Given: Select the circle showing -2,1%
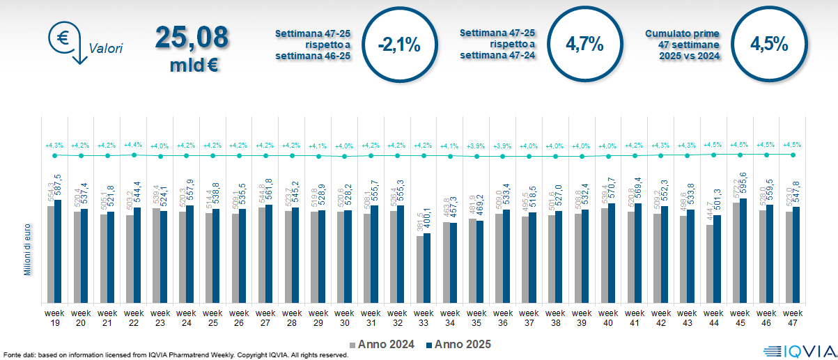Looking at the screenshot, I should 398,45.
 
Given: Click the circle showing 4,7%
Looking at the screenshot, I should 584,45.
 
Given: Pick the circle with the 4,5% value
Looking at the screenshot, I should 768,45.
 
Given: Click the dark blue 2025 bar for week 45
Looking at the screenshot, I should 743,251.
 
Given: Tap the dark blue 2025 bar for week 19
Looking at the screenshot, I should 58,251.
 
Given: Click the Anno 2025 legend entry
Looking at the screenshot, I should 458,344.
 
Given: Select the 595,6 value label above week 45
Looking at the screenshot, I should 744,185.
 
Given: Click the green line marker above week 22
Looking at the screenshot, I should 134,155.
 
